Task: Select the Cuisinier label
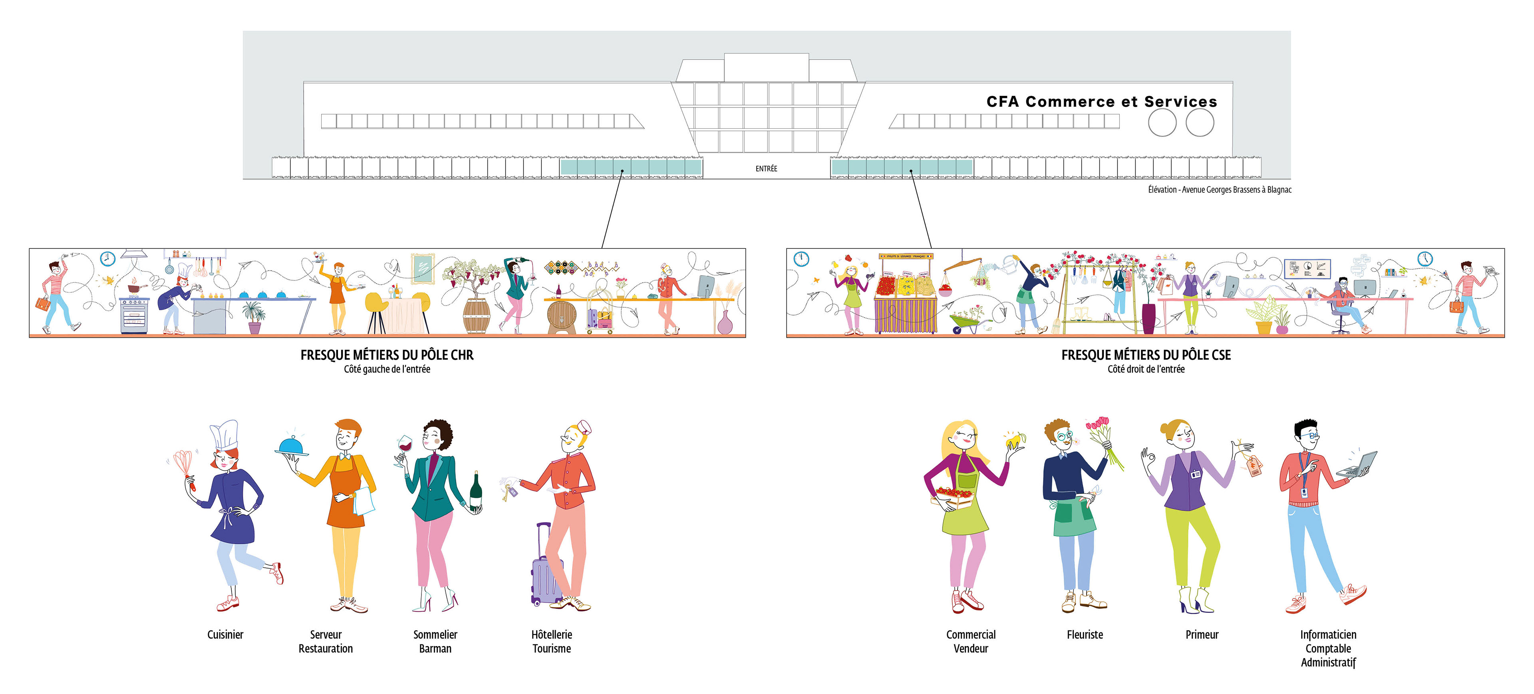[225, 634]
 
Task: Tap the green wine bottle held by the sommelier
[475, 492]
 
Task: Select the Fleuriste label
[1085, 634]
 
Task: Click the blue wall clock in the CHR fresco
[107, 259]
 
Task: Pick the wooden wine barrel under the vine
[477, 316]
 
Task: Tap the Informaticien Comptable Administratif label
[1328, 648]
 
